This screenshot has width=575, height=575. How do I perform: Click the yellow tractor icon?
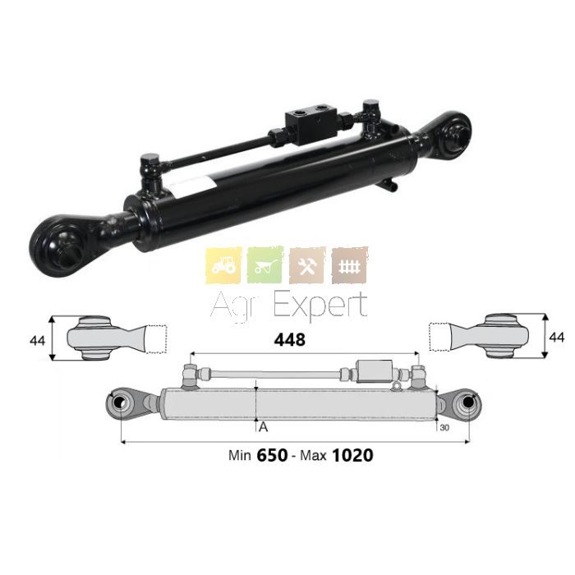(x=223, y=265)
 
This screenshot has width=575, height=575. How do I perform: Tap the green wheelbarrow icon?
(x=265, y=265)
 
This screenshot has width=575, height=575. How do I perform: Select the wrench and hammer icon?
(x=307, y=265)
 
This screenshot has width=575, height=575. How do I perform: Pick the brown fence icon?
(x=349, y=265)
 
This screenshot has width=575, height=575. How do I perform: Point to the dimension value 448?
(x=290, y=340)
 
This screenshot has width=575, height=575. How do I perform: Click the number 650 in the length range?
(x=272, y=455)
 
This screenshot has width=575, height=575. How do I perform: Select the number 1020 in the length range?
(x=352, y=455)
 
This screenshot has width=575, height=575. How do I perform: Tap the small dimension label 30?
(x=444, y=428)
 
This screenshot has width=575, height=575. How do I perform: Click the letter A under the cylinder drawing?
(x=264, y=427)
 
